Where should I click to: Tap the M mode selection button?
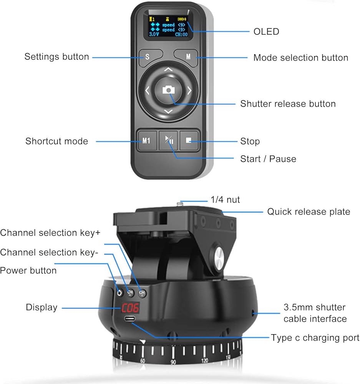(x=186, y=57)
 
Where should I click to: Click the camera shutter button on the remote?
(x=168, y=90)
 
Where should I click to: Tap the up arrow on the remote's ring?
(x=168, y=70)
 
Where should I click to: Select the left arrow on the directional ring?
(x=147, y=91)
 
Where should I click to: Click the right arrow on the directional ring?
(x=189, y=91)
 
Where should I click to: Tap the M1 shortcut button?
(x=146, y=141)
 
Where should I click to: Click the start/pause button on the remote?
(x=168, y=141)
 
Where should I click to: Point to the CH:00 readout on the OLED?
(x=181, y=35)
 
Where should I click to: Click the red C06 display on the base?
(x=130, y=308)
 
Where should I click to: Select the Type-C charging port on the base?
(x=129, y=319)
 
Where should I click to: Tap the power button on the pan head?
(x=119, y=293)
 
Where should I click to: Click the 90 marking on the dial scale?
(x=173, y=362)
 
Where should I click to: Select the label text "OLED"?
(x=266, y=31)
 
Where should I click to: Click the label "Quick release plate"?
(x=309, y=212)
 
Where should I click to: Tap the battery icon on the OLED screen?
(x=182, y=19)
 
